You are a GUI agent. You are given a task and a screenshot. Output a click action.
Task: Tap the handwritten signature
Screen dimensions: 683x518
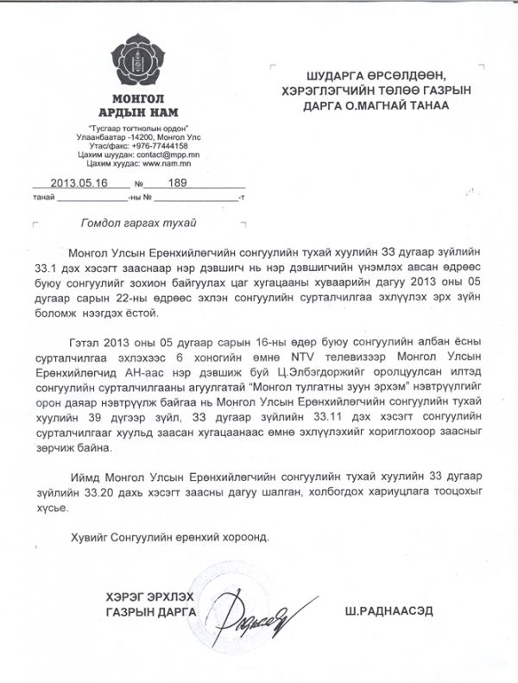(255, 610)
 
